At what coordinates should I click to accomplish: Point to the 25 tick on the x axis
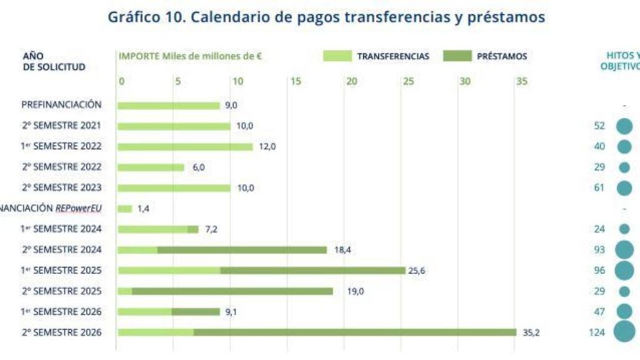point(408,81)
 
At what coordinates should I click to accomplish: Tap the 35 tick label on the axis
point(521,81)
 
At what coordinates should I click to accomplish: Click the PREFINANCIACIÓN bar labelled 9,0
point(169,105)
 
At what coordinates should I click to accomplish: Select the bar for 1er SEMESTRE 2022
point(185,146)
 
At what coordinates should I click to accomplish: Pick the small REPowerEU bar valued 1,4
point(125,208)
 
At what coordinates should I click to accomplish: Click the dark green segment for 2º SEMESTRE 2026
point(355,332)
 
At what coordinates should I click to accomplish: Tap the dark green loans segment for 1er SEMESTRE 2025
point(312,270)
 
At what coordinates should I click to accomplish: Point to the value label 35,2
point(531,332)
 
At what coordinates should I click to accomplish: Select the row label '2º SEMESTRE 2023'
point(61,187)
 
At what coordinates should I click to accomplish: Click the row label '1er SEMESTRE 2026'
point(61,311)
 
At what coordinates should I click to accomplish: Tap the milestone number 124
point(597,332)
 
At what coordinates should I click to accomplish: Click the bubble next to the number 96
point(624,270)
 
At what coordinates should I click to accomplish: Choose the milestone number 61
point(599,187)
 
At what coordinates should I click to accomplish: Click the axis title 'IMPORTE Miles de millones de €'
point(190,56)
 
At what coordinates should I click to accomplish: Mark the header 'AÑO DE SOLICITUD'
point(54,61)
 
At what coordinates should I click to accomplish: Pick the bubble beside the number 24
point(624,229)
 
